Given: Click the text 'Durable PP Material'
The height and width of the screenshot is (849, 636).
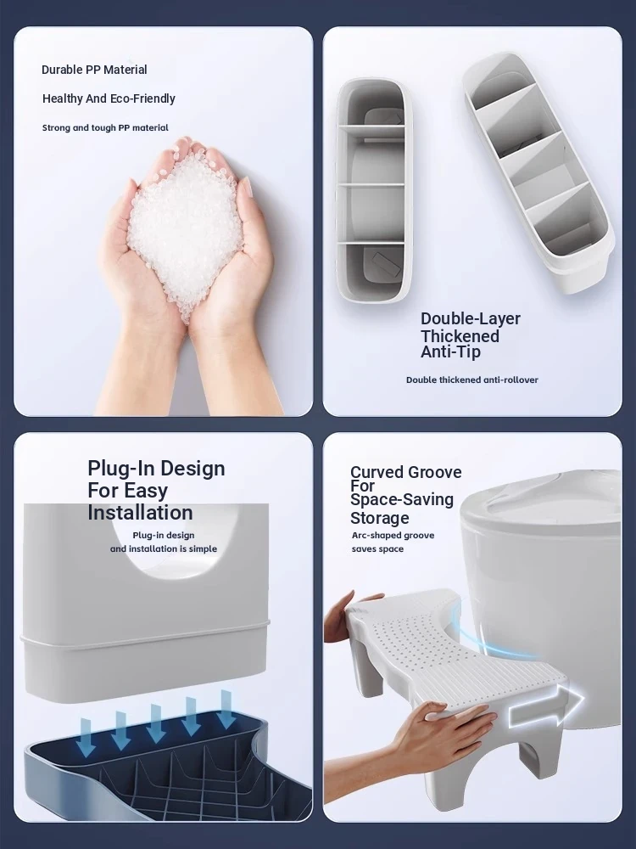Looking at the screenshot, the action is [94, 70].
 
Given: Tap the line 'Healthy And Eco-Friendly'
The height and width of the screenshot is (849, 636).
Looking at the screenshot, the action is [109, 98].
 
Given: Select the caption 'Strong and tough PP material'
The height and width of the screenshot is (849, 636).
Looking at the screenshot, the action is [105, 128].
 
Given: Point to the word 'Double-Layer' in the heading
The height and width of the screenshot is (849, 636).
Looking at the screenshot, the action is [471, 318].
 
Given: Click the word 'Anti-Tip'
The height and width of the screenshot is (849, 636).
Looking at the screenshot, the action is [450, 352].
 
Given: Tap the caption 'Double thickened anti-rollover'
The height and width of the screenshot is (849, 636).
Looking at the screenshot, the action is [472, 380].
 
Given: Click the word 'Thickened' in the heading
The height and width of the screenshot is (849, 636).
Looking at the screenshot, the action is [460, 335].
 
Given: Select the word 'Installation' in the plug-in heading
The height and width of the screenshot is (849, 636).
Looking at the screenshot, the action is [140, 513].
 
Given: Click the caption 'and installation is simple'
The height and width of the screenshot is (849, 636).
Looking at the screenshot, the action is [164, 549].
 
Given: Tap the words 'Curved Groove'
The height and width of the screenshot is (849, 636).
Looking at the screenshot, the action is [405, 472].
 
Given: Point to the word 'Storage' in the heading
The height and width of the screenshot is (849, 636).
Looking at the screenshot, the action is [378, 518].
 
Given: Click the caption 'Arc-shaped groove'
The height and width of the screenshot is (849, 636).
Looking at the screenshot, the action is [393, 536].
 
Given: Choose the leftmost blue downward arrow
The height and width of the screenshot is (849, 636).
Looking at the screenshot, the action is [85, 738].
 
